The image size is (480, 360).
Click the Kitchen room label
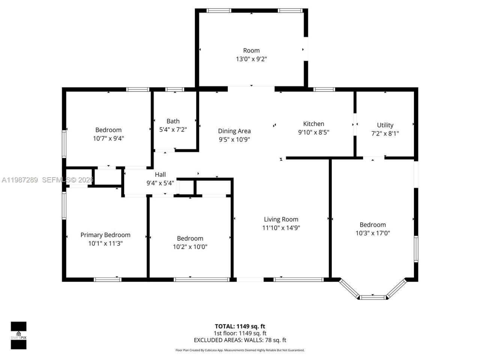pyautogui.click(x=313, y=124)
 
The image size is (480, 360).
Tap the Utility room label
pyautogui.click(x=385, y=125)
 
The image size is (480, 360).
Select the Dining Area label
pyautogui.click(x=234, y=131)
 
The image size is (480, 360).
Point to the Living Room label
pyautogui.click(x=281, y=219)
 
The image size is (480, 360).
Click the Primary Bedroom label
pyautogui.click(x=105, y=235)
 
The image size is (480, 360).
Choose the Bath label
pyautogui.click(x=173, y=121)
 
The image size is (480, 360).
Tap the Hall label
pyautogui.click(x=160, y=174)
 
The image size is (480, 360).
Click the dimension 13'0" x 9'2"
pyautogui.click(x=251, y=59)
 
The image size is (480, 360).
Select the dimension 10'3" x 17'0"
pyautogui.click(x=373, y=233)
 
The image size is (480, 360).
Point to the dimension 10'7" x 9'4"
pyautogui.click(x=108, y=138)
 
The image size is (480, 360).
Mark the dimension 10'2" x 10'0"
pyautogui.click(x=190, y=247)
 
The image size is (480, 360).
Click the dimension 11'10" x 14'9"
pyautogui.click(x=281, y=228)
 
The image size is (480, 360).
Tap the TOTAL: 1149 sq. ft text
pyautogui.click(x=240, y=326)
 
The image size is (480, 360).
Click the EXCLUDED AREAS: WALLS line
pyautogui.click(x=240, y=340)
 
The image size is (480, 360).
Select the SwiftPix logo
pyautogui.click(x=18, y=335)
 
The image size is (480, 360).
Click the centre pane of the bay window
pyautogui.click(x=373, y=297)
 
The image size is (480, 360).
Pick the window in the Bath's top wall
pyautogui.click(x=175, y=90)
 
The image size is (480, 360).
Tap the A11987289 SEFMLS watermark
pyautogui.click(x=47, y=180)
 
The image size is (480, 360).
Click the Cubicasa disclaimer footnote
pyautogui.click(x=240, y=350)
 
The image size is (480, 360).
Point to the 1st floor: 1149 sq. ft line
pyautogui.click(x=240, y=333)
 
